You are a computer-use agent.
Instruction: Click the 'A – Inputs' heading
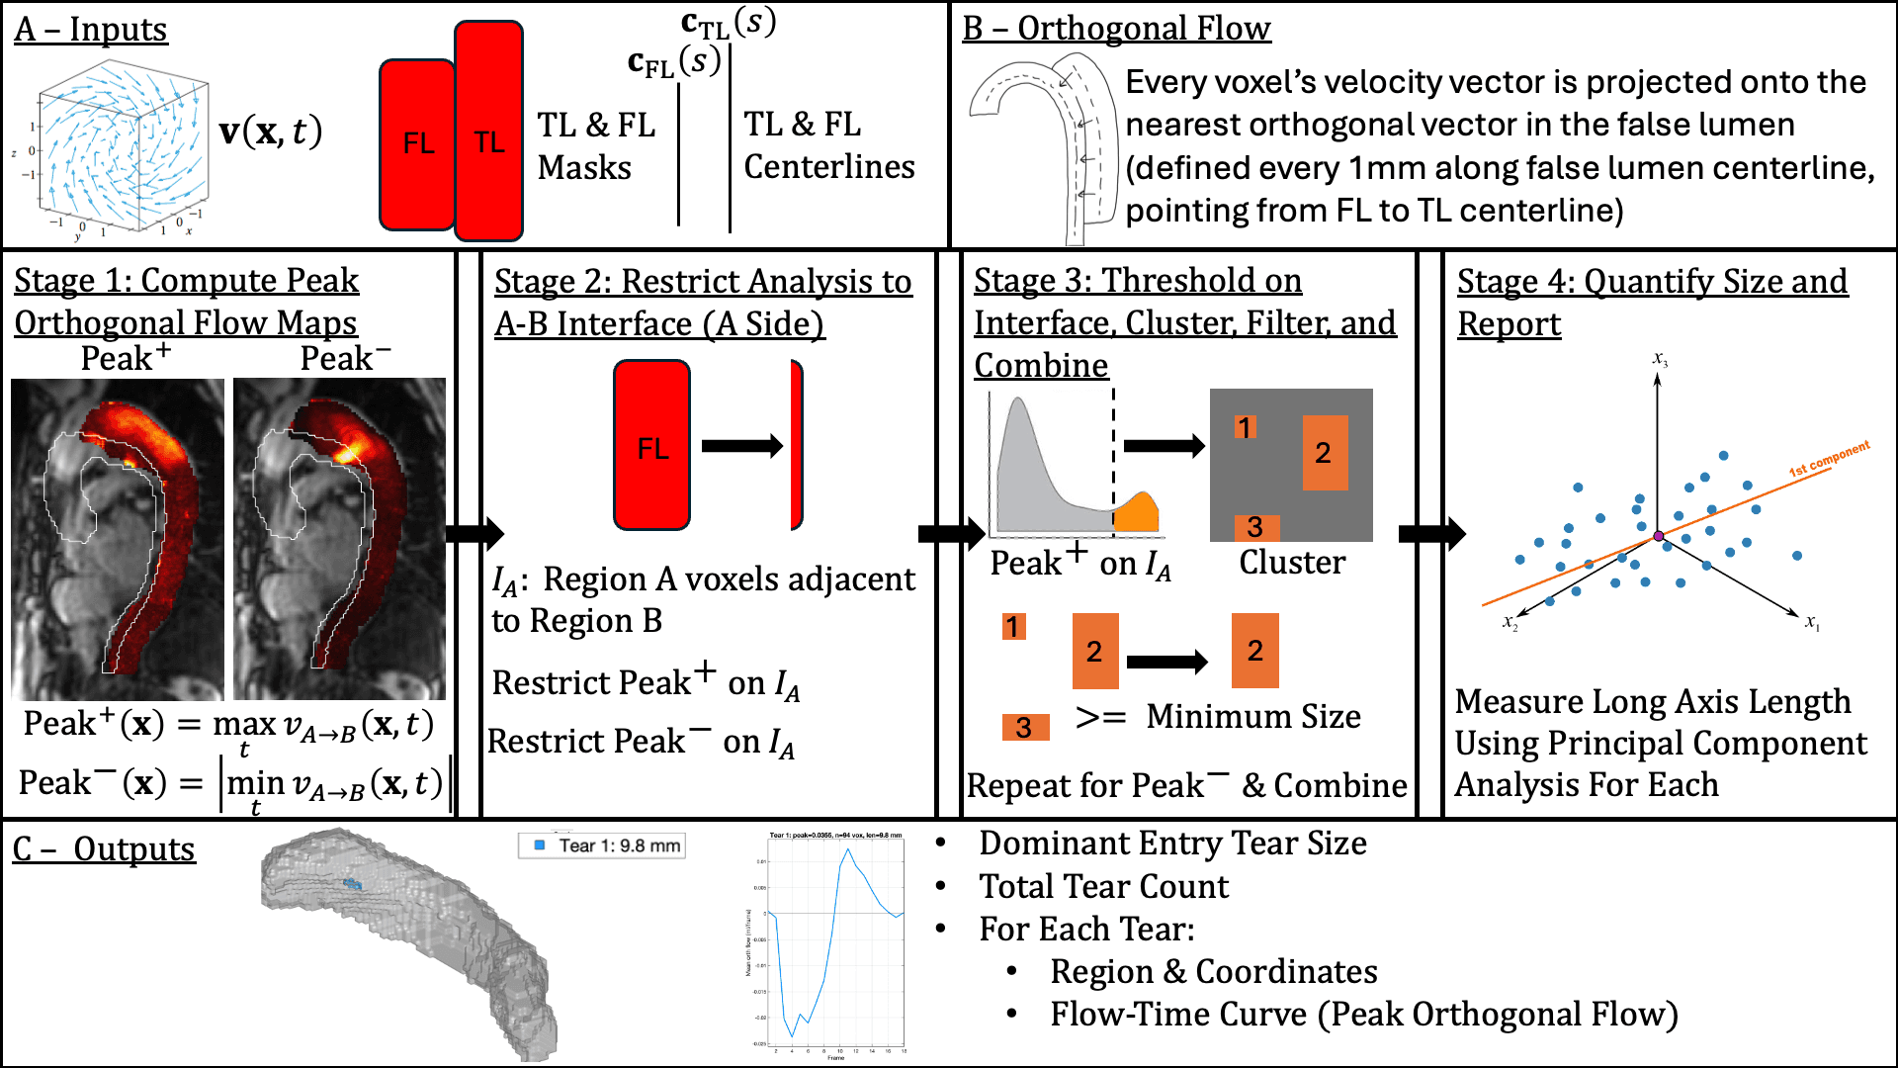tap(90, 30)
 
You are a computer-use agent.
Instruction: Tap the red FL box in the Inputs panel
tap(417, 144)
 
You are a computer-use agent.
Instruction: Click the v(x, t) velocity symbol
tap(270, 132)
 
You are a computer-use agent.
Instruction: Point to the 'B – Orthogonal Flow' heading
tap(1116, 29)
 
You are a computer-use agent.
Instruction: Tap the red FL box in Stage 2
tap(651, 446)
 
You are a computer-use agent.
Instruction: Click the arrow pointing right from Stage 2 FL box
tap(741, 446)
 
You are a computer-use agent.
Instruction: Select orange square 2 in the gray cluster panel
tap(1324, 453)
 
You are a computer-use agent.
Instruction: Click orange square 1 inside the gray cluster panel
tap(1245, 427)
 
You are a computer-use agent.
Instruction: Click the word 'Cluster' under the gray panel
tap(1292, 563)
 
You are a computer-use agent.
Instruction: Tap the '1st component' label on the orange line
tap(1829, 459)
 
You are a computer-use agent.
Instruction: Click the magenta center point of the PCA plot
tap(1658, 536)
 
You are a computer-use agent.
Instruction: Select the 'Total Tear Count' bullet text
tap(1103, 886)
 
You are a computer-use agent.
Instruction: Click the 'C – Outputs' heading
tap(104, 849)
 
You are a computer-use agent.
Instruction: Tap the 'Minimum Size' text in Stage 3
tap(1252, 716)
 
